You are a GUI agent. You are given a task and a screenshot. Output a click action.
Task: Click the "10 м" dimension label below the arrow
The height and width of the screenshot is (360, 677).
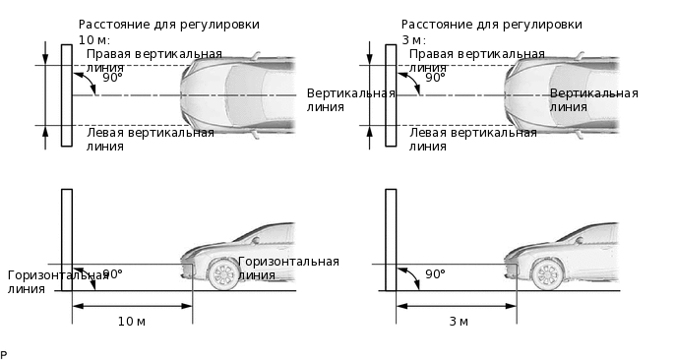pos(132,322)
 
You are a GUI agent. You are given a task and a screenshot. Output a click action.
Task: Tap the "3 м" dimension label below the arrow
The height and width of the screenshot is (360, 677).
pos(459,322)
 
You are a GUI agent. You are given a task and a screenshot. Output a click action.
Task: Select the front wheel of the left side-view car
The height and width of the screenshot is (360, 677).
pos(224,274)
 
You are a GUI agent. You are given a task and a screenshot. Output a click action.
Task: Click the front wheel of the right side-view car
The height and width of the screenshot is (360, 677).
pos(548,274)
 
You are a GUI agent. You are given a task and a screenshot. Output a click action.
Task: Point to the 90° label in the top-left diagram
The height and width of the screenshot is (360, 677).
pos(113,78)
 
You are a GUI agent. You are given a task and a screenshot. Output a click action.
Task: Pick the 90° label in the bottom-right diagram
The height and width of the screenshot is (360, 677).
pos(435,274)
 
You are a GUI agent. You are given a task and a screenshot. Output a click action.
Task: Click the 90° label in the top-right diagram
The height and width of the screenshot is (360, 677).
pos(435,78)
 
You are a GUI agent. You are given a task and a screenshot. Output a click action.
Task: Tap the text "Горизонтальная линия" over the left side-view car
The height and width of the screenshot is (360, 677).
pos(288,269)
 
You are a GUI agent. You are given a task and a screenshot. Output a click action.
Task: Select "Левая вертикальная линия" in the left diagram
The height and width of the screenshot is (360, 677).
pos(151,140)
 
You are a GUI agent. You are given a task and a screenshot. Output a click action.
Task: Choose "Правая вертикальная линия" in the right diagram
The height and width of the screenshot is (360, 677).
pos(476,61)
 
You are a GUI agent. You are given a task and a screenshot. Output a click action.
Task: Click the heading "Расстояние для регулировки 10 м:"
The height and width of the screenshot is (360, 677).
pos(169,31)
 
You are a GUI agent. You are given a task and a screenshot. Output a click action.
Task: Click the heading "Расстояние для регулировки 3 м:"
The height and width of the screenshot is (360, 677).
pos(492,31)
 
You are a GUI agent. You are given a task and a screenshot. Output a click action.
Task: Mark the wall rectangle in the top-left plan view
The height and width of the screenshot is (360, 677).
pos(67,95)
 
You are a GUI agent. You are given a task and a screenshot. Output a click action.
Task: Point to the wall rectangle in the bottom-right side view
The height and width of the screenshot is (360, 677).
pos(391,240)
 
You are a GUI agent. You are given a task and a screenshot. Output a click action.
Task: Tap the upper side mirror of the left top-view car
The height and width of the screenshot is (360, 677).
pos(256,55)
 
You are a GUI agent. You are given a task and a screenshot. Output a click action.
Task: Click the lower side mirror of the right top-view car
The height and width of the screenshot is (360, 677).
pos(580,135)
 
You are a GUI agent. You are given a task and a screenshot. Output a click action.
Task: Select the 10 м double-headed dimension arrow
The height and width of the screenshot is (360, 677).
pos(132,306)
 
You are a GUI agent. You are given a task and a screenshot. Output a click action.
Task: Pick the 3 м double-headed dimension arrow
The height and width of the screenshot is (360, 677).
pos(457,306)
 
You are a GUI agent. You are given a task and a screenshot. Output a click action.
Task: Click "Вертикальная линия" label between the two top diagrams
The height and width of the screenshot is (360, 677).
pos(350,100)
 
